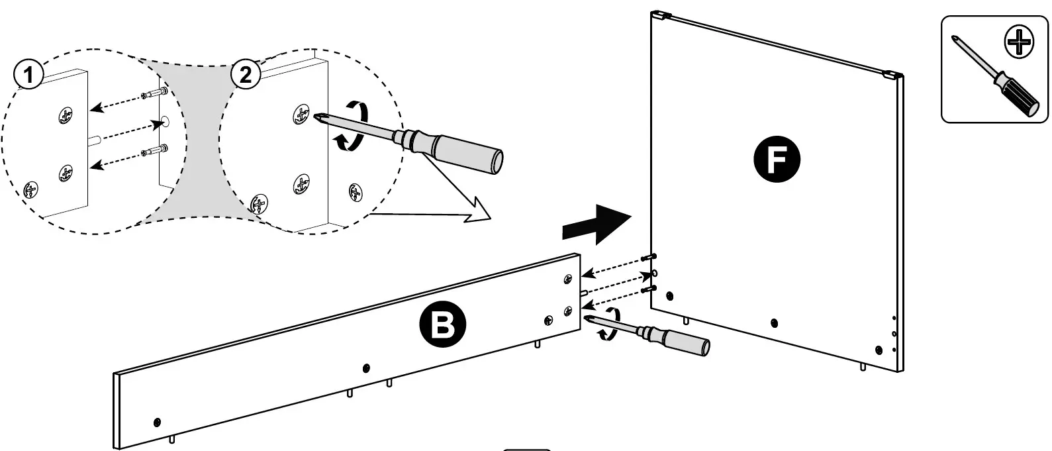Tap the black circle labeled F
coord(777,160)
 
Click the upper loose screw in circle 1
coord(155,93)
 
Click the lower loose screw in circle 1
coord(155,151)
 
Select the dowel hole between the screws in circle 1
coord(164,122)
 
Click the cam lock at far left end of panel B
coord(157,422)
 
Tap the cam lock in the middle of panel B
coord(367,368)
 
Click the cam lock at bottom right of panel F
coord(879,350)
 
